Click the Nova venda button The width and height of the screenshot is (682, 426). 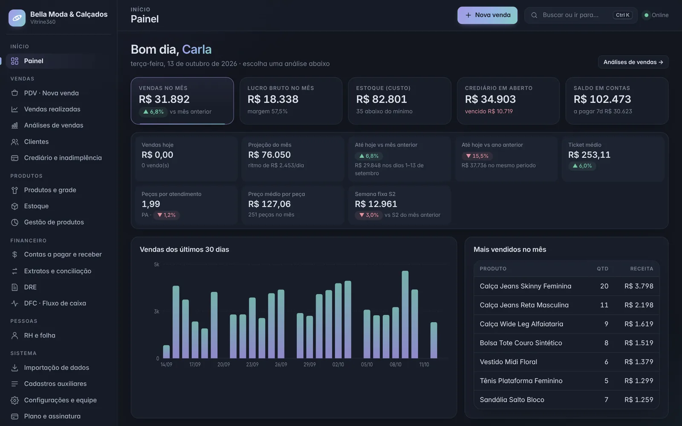487,15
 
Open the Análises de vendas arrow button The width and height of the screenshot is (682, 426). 633,62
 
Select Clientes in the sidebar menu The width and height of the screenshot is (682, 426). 36,141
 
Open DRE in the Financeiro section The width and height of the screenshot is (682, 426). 30,287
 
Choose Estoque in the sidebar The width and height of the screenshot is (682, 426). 36,206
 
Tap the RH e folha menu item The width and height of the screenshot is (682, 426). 40,335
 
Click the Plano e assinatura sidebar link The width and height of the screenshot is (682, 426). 52,416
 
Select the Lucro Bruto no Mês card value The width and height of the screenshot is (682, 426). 273,99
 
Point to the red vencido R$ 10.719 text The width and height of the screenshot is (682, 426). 488,111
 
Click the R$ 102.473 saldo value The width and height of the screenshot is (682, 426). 602,99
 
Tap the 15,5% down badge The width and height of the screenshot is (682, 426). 477,156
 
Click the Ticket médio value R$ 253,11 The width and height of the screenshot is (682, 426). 589,155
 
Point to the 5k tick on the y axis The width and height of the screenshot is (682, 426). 156,265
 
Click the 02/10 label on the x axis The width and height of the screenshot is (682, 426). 338,364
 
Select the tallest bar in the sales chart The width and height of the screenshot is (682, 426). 405,314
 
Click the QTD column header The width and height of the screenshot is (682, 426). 603,269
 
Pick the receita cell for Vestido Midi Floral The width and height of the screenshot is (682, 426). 639,362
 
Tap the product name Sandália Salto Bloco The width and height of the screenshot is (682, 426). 512,400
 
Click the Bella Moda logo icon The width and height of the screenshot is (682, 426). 17,17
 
